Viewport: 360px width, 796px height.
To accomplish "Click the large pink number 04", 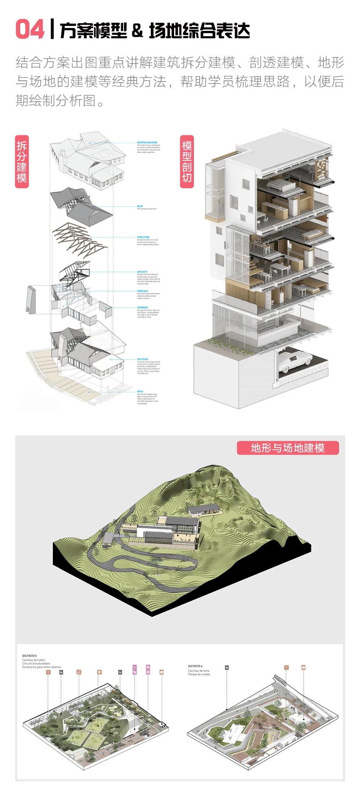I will pos(30,30).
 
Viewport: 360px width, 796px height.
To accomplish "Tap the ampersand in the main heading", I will pos(137,31).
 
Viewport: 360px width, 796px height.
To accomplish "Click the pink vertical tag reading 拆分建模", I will pos(22,162).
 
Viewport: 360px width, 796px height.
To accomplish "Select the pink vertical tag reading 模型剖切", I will pos(187,162).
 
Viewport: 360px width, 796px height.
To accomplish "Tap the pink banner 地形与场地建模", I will pos(288,448).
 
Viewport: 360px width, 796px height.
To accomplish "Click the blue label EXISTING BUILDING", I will pos(147,143).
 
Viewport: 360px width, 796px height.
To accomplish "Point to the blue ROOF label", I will pos(140,206).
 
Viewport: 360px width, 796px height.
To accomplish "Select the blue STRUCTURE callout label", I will pos(143,237).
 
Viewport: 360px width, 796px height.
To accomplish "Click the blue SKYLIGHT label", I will pos(142,272).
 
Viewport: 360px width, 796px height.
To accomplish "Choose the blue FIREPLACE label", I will pos(142,291).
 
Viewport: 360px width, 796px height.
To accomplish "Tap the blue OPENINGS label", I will pos(142,308).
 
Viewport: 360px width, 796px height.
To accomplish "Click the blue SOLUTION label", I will pos(142,359).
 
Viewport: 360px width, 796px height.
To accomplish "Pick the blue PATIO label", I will pos(140,391).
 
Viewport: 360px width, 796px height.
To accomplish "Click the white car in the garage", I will pos(295,360).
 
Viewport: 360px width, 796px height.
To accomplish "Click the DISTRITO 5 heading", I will pos(29,656).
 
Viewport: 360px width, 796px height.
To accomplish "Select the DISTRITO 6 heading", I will pos(195,666).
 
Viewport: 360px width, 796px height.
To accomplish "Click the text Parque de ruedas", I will pos(199,674).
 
